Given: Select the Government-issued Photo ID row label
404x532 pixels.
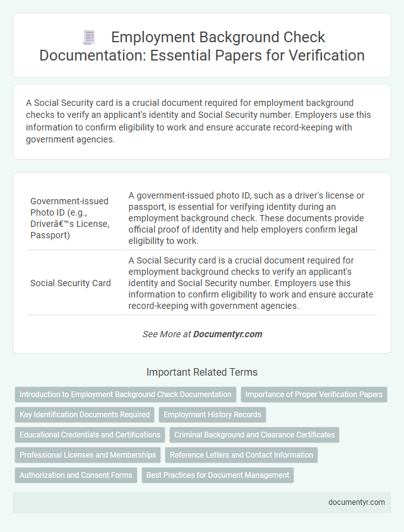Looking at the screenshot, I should [x=69, y=217].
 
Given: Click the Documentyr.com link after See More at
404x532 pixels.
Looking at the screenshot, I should [x=228, y=334].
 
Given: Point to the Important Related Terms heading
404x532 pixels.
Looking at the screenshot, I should [x=202, y=372].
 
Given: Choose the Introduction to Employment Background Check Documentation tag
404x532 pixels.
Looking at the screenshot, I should [x=126, y=395].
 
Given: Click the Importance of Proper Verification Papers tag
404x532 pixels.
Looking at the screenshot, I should [x=314, y=395].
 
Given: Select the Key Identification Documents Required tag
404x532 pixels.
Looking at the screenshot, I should [x=85, y=415].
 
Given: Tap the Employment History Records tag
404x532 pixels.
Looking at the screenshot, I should [x=212, y=415].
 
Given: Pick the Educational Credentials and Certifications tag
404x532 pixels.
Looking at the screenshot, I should [x=90, y=435].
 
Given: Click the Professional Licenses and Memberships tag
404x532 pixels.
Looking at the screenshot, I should [x=88, y=455].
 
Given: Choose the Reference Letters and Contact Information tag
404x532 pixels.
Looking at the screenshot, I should [x=241, y=455].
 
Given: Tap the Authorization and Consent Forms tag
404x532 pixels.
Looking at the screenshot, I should [x=76, y=475].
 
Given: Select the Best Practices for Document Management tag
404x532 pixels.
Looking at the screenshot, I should [x=218, y=475].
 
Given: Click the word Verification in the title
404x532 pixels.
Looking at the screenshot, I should [x=327, y=55].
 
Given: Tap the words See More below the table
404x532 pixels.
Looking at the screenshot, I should [x=162, y=334].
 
